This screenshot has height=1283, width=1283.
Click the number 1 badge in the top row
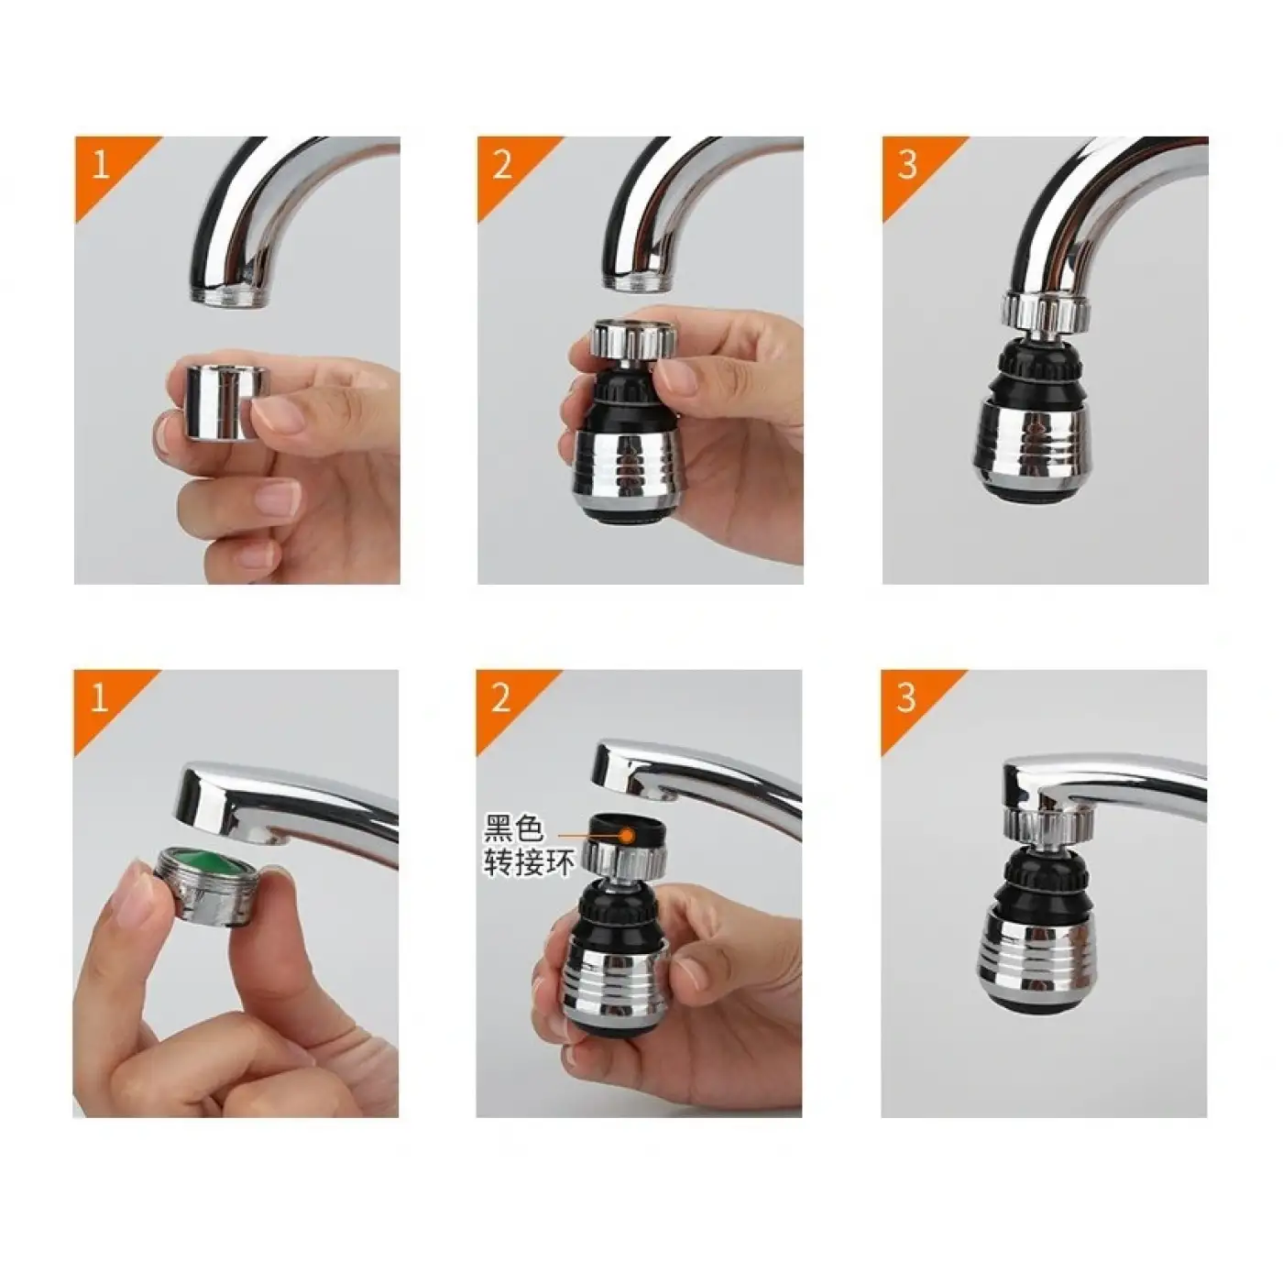pyautogui.click(x=99, y=165)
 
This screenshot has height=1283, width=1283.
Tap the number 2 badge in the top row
pyautogui.click(x=502, y=165)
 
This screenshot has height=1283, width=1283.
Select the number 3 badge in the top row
pyautogui.click(x=907, y=165)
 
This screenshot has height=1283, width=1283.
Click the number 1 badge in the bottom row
pyautogui.click(x=99, y=698)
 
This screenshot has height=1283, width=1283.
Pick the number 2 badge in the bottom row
pyautogui.click(x=501, y=698)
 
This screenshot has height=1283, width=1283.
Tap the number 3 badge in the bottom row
pyautogui.click(x=906, y=698)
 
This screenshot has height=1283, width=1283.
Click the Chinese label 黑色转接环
pyautogui.click(x=528, y=847)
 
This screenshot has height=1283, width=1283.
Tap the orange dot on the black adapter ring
pyautogui.click(x=628, y=835)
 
